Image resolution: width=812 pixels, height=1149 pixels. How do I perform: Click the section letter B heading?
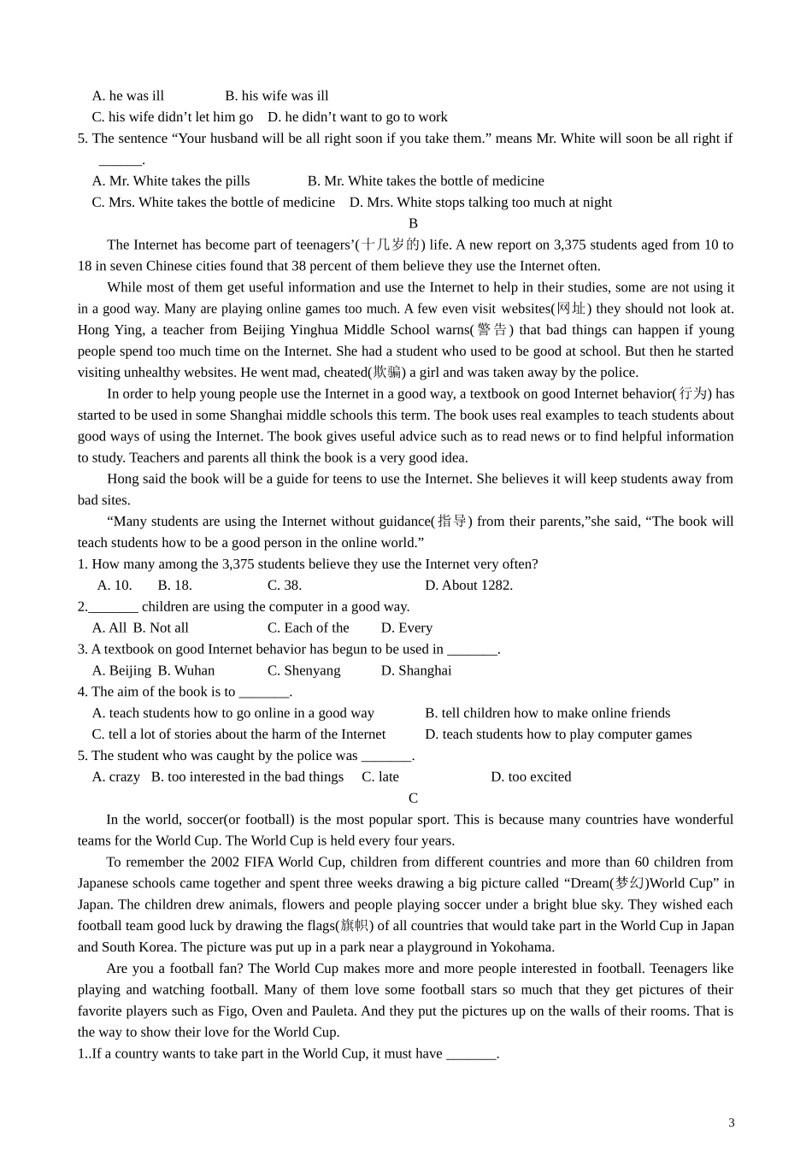click(413, 223)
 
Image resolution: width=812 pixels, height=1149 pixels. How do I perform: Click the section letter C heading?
click(413, 798)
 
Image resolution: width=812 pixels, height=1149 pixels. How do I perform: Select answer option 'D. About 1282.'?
click(468, 585)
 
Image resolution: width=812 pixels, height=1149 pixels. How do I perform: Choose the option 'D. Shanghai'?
click(415, 670)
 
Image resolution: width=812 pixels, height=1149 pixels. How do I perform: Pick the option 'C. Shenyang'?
click(303, 670)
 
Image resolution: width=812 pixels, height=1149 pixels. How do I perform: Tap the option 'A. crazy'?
click(116, 776)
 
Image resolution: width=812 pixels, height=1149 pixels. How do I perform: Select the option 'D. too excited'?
click(531, 776)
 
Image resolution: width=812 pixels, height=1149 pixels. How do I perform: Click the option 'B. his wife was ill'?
click(277, 96)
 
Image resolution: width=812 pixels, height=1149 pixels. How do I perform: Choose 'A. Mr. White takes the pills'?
click(171, 180)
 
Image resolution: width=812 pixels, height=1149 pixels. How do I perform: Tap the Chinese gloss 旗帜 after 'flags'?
click(355, 926)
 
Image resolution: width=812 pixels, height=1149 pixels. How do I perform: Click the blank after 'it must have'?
click(471, 1053)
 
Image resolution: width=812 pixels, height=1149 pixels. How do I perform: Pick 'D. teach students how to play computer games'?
click(558, 734)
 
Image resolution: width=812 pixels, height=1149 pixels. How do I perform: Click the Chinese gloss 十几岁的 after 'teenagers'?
click(390, 245)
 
